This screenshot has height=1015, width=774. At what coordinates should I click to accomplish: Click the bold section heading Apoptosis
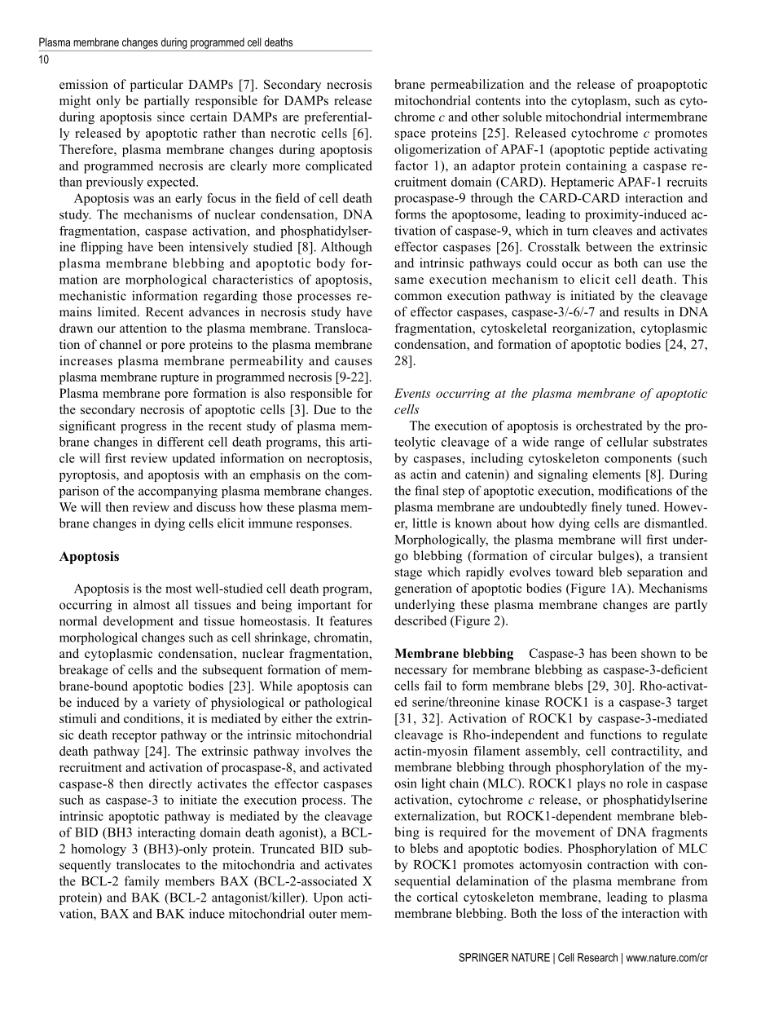pos(89,557)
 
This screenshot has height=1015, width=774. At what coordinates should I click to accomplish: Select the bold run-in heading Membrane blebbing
pos(454,653)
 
